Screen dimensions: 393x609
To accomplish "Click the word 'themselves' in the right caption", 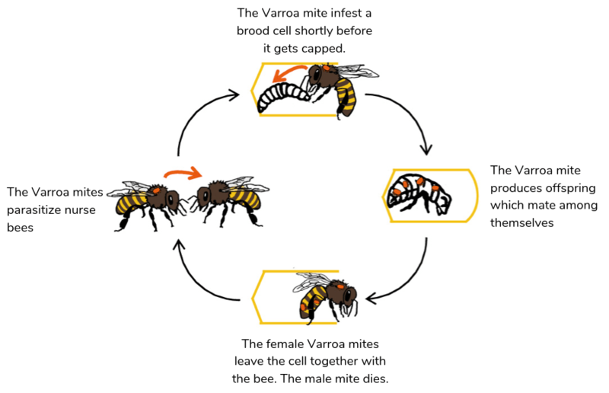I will tap(521, 223).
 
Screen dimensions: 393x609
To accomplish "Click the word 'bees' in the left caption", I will tap(19, 227).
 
